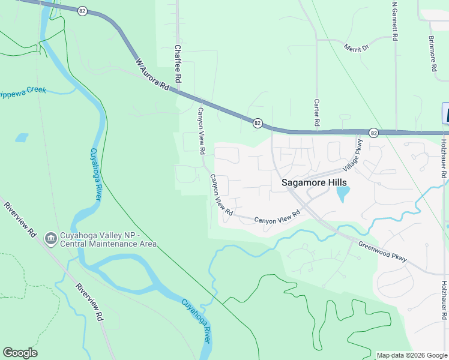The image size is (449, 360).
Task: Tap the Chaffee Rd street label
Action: pyautogui.click(x=178, y=64)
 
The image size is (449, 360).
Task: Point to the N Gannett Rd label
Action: pyautogui.click(x=394, y=21)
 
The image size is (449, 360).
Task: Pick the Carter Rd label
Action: pyautogui.click(x=316, y=113)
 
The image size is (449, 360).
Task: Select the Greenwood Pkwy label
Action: pyautogui.click(x=382, y=251)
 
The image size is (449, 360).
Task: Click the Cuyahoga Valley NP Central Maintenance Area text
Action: pyautogui.click(x=109, y=239)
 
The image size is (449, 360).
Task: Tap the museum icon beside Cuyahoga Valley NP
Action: pyautogui.click(x=51, y=239)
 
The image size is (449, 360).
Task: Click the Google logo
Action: pyautogui.click(x=20, y=353)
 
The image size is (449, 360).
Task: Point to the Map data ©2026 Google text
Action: pyautogui.click(x=411, y=355)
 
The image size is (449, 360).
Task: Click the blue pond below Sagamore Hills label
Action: pyautogui.click(x=343, y=194)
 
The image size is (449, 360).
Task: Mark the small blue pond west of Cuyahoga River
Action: pyautogui.click(x=22, y=137)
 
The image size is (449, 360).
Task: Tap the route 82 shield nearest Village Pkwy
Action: pyautogui.click(x=373, y=133)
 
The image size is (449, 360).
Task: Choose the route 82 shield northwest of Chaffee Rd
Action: pyautogui.click(x=82, y=10)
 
